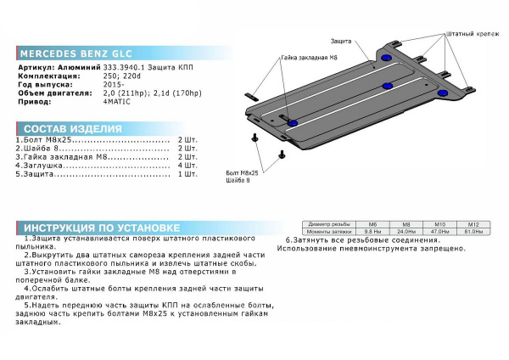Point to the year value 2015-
113,83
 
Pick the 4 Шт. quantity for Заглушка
187,165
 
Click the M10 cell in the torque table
439,223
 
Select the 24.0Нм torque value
406,231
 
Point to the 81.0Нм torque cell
473,231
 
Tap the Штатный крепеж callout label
469,34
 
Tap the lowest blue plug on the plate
293,122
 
